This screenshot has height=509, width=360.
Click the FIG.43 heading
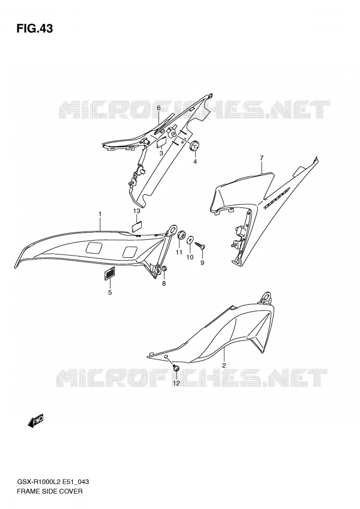click(34, 28)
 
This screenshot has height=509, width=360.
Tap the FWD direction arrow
click(36, 421)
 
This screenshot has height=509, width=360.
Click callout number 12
click(176, 383)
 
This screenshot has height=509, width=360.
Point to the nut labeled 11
click(181, 234)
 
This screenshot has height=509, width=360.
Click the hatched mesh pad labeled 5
click(110, 273)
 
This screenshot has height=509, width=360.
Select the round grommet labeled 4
click(194, 146)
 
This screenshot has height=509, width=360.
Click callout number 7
click(262, 158)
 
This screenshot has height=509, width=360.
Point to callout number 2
click(224, 365)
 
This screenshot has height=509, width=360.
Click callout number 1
click(100, 214)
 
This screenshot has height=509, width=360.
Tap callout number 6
click(159, 108)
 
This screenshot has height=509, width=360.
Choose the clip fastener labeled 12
click(176, 368)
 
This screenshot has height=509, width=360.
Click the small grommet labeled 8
click(164, 269)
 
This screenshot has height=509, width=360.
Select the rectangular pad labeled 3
click(161, 142)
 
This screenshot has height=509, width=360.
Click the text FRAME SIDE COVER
click(49, 491)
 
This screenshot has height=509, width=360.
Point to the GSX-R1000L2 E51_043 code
click(53, 482)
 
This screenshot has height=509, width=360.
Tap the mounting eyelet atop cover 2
click(267, 297)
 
